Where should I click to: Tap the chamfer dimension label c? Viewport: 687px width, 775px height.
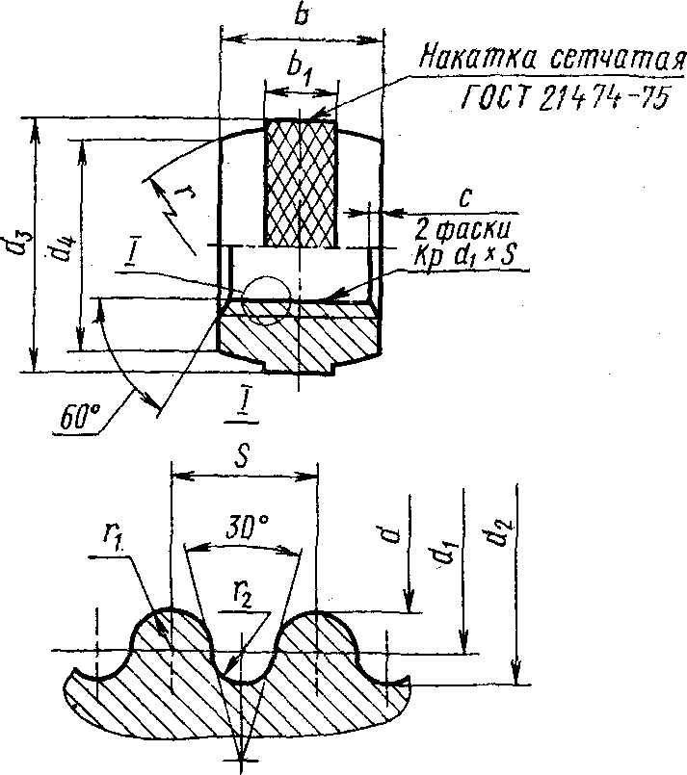[465, 197]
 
